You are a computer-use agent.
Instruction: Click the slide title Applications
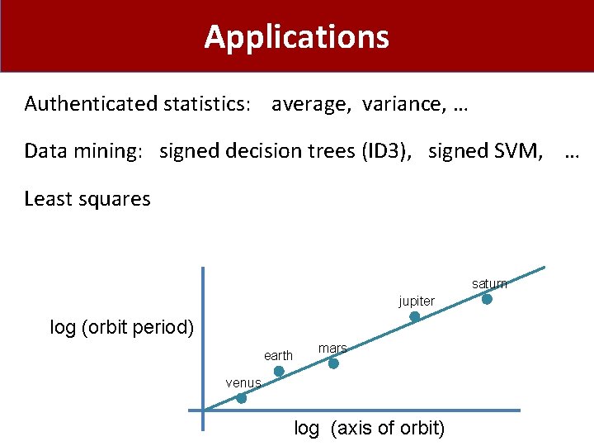pyautogui.click(x=296, y=37)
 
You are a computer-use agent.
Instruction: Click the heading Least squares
pyautogui.click(x=87, y=199)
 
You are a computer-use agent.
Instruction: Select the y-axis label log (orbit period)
pyautogui.click(x=122, y=327)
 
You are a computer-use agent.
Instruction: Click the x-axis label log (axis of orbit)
pyautogui.click(x=369, y=428)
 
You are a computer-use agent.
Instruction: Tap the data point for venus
pyautogui.click(x=241, y=398)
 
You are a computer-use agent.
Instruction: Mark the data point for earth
pyautogui.click(x=279, y=372)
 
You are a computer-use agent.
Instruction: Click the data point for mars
pyautogui.click(x=333, y=363)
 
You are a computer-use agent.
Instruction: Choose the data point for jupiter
pyautogui.click(x=415, y=317)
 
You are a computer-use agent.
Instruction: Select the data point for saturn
pyautogui.click(x=487, y=300)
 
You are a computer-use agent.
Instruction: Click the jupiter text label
pyautogui.click(x=417, y=301)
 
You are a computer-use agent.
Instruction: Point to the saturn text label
pyautogui.click(x=489, y=284)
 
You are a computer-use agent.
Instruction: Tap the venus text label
pyautogui.click(x=243, y=383)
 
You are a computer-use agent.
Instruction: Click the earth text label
pyautogui.click(x=278, y=356)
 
